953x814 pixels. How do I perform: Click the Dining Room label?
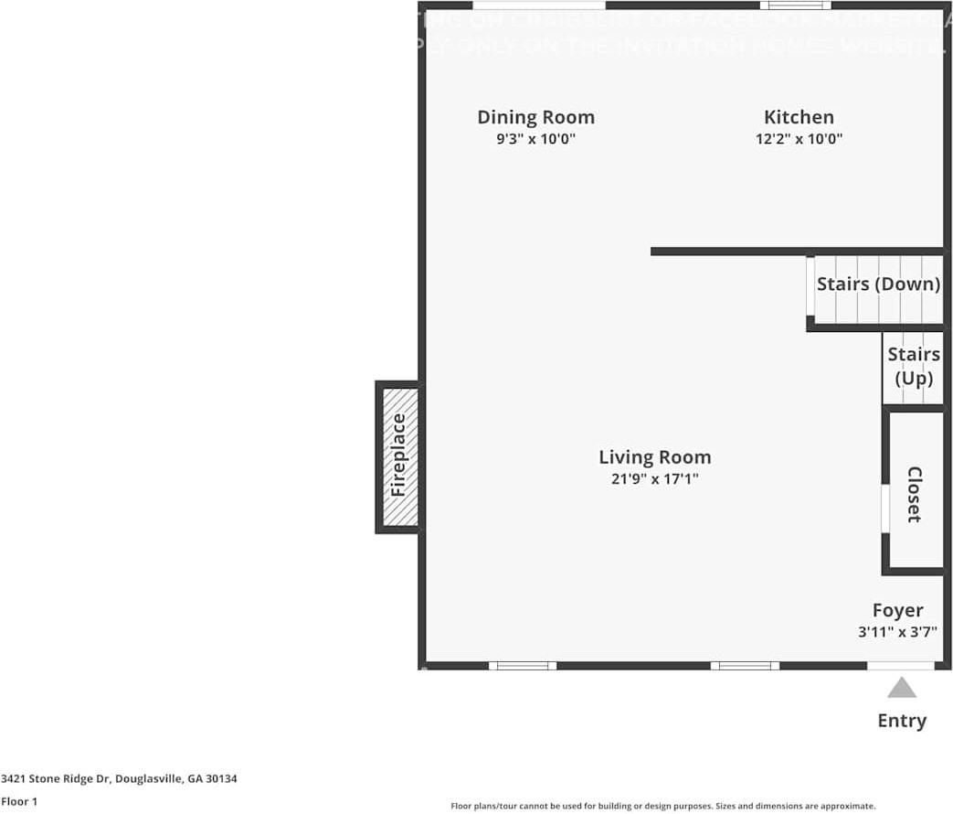coord(535,117)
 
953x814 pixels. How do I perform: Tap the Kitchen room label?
coord(799,117)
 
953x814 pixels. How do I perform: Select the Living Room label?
coord(654,457)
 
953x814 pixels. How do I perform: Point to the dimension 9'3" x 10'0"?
coord(535,139)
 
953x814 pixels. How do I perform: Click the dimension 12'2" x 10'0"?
coord(799,139)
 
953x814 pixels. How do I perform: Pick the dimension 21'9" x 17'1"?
coord(654,478)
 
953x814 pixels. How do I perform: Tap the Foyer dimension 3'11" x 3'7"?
coord(897,631)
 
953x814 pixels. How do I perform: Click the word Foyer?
coord(897,610)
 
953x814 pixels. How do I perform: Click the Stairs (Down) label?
coord(878,284)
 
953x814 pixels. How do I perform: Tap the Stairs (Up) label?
coord(914,366)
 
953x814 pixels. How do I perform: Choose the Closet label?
coord(914,494)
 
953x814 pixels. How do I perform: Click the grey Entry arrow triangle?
coord(902,688)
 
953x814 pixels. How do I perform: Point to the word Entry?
coord(902,721)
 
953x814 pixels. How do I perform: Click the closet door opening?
coord(884,509)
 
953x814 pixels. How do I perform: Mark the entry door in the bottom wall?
coord(901,666)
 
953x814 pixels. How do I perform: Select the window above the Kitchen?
coord(795,5)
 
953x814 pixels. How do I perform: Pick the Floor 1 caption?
coord(19,801)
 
